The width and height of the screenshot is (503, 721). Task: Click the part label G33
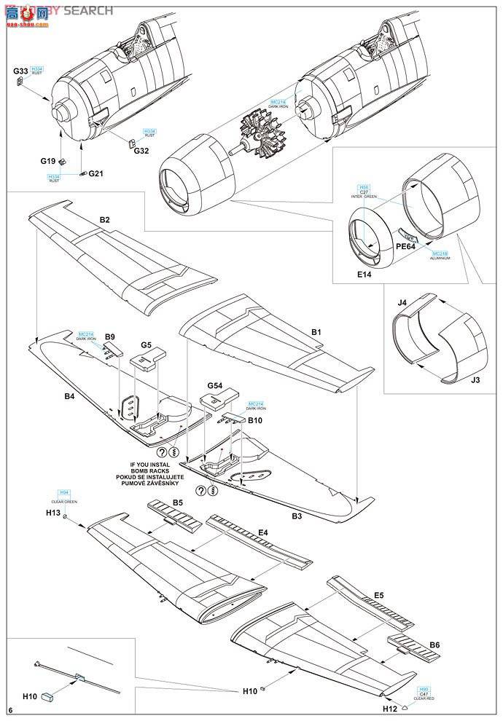(20, 71)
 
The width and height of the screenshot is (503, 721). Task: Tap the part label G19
(48, 161)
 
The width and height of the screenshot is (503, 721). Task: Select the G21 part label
(96, 173)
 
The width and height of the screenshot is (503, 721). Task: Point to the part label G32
(141, 151)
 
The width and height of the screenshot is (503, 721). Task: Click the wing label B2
(104, 219)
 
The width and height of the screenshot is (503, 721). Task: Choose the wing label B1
(316, 332)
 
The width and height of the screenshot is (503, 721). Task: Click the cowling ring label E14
(365, 276)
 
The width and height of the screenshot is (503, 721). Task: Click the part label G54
(214, 385)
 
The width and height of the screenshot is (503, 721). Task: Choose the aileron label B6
(434, 645)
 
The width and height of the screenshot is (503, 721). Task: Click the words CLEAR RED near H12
(424, 698)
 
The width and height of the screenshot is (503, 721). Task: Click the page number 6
(10, 709)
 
